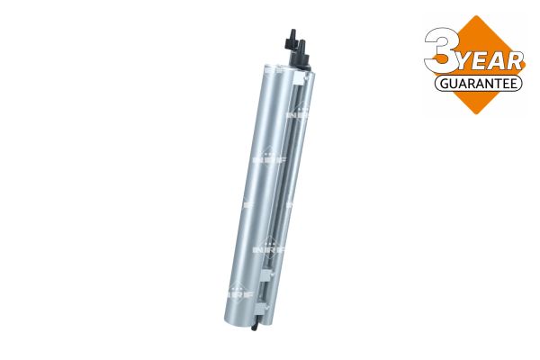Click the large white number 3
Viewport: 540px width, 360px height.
(x=442, y=50)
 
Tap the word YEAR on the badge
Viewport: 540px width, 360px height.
(x=491, y=62)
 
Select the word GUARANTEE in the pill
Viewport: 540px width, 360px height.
(x=479, y=84)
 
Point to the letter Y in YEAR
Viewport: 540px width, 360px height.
(x=466, y=62)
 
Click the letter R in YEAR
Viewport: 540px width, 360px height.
(x=515, y=61)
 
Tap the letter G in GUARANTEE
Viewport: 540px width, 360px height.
(x=444, y=84)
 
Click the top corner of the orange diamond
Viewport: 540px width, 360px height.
(x=476, y=15)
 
